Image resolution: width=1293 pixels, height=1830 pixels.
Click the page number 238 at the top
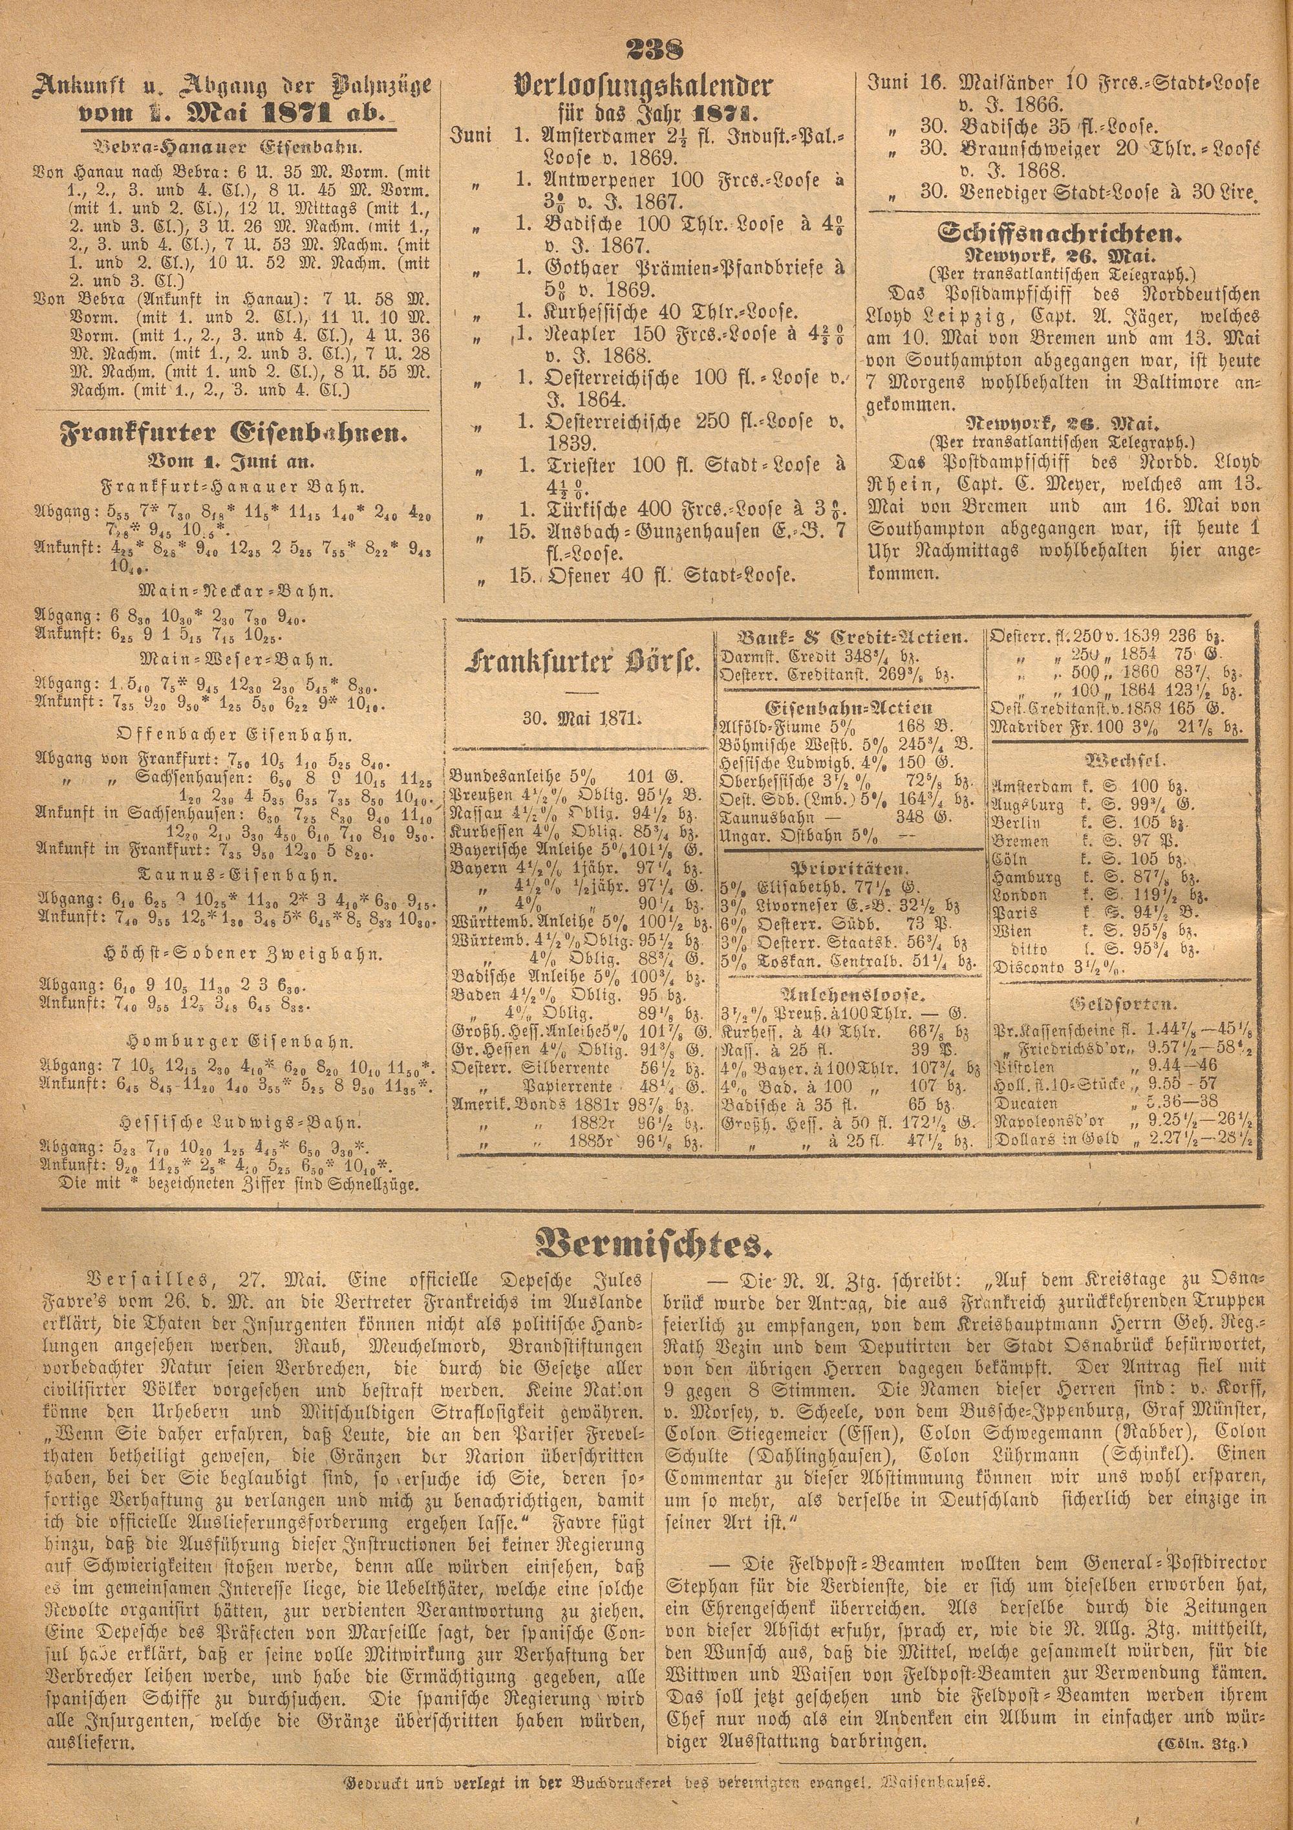[645, 51]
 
